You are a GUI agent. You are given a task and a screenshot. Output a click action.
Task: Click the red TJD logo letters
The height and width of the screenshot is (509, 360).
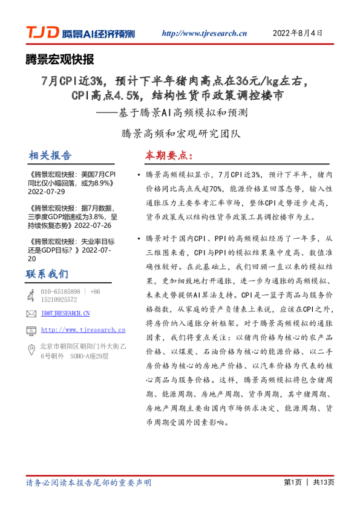pyautogui.click(x=42, y=33)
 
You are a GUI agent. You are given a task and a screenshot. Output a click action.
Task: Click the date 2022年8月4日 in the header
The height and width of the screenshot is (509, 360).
pyautogui.click(x=298, y=33)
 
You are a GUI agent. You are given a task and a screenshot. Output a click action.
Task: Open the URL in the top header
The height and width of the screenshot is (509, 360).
pyautogui.click(x=205, y=34)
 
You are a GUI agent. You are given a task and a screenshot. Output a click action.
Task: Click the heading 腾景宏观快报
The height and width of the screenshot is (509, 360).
pyautogui.click(x=59, y=59)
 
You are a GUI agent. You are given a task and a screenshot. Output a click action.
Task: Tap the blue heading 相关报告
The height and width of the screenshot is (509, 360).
pyautogui.click(x=50, y=156)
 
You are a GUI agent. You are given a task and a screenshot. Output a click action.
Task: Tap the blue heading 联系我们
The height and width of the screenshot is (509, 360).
pyautogui.click(x=47, y=274)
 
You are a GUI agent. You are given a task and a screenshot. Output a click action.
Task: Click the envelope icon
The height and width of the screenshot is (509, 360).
pyautogui.click(x=31, y=314)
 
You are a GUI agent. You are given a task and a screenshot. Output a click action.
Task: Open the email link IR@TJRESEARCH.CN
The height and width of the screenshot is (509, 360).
pyautogui.click(x=65, y=314)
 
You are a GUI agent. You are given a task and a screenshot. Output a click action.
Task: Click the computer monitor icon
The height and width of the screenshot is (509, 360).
pyautogui.click(x=31, y=330)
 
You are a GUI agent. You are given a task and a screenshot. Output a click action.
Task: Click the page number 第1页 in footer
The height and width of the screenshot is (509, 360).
pyautogui.click(x=292, y=482)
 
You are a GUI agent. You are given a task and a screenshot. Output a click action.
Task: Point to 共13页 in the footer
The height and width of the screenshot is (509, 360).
pyautogui.click(x=323, y=482)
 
